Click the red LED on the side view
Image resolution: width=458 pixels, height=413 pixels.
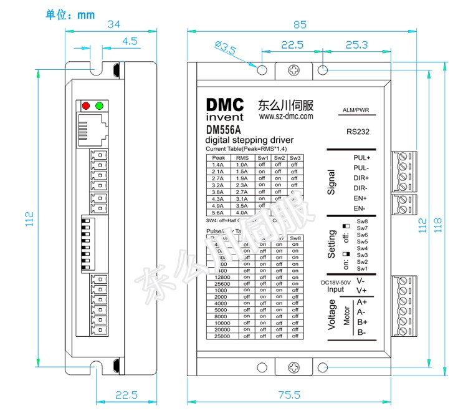(x=87, y=105)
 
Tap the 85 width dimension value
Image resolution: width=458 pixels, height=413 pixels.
(x=300, y=26)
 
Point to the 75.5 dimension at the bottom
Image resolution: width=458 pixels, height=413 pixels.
(x=289, y=395)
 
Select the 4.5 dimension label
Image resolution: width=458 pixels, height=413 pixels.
(x=130, y=41)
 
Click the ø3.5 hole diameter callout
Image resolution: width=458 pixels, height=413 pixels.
(x=224, y=48)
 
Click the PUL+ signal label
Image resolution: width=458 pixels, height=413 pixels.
(x=362, y=158)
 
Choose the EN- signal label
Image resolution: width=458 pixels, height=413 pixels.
(x=360, y=208)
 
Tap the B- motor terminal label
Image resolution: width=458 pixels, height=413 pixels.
(x=361, y=332)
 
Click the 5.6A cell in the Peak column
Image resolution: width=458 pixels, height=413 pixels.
(x=218, y=211)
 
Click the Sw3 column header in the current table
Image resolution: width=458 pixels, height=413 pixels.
(x=295, y=158)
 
